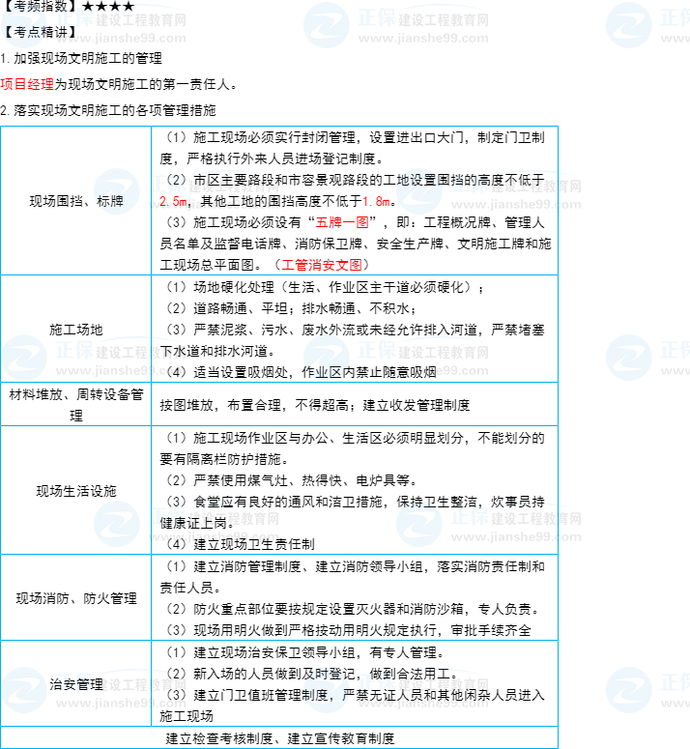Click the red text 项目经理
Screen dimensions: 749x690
click(27, 84)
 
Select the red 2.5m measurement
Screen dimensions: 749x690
click(173, 202)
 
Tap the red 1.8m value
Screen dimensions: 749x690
click(376, 202)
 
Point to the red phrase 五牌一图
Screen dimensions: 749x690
click(342, 222)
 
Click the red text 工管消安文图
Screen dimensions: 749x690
click(322, 264)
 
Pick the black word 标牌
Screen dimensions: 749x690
click(109, 202)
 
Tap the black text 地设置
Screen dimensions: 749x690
click(417, 179)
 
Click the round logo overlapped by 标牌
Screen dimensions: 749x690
click(117, 191)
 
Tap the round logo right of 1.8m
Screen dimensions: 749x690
click(419, 191)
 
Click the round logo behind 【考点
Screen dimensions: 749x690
click(24, 25)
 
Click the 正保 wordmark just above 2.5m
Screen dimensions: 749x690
click(166, 184)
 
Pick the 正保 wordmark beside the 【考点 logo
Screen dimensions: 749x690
click(73, 18)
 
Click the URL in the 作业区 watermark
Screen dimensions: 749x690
click(423, 371)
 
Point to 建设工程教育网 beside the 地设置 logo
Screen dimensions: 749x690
click(534, 187)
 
